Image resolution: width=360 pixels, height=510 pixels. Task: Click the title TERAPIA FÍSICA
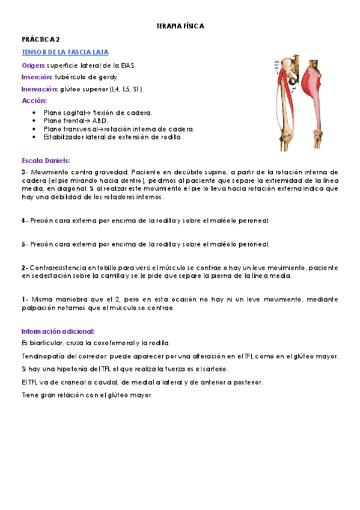180,26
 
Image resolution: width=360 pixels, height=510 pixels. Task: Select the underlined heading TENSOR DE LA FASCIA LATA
64,52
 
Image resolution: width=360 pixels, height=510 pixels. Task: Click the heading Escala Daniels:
45,161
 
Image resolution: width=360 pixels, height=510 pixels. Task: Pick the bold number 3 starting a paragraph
23,172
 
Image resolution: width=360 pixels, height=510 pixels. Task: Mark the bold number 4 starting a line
23,221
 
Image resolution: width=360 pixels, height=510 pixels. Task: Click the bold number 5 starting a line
23,244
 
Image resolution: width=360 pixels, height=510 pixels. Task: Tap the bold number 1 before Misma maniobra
23,299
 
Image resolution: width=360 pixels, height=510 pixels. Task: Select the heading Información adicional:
58,331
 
